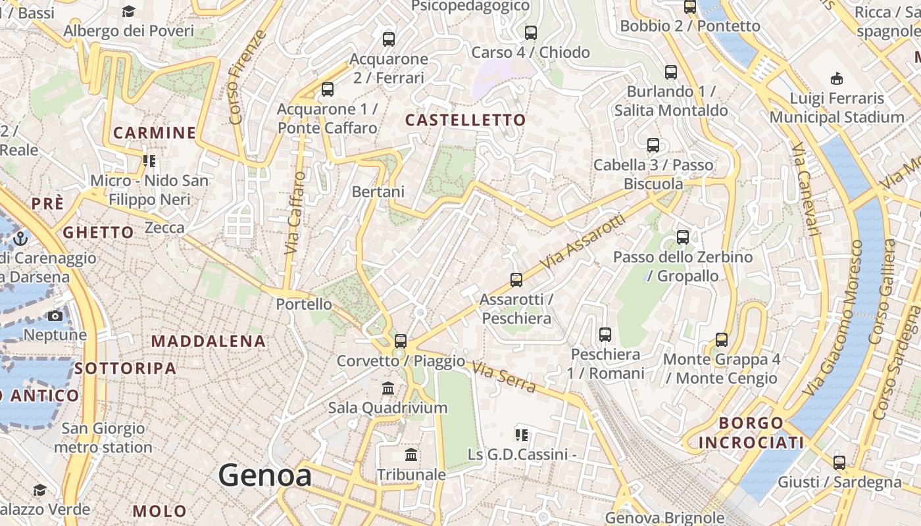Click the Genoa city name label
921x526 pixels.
coord(264,475)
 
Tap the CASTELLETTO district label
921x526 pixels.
coord(465,120)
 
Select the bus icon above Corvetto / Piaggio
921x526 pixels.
coord(401,341)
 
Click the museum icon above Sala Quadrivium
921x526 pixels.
coord(388,389)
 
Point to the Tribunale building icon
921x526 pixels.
coord(412,455)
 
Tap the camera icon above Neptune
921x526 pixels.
coord(55,316)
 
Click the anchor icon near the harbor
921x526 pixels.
coord(20,238)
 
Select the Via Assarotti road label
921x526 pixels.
coord(582,241)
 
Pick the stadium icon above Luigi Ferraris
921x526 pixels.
coord(837,79)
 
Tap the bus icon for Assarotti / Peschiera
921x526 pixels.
coord(516,280)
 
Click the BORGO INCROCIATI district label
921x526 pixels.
coord(751,433)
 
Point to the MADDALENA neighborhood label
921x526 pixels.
coord(209,341)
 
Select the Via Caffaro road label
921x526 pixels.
coord(295,213)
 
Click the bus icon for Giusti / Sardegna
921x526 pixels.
coord(839,462)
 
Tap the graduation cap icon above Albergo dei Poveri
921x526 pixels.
coord(128,12)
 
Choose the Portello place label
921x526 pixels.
coord(304,304)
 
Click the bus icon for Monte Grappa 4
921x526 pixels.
coord(722,340)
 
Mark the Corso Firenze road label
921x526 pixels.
coord(248,77)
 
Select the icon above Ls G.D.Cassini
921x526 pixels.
coord(522,435)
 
